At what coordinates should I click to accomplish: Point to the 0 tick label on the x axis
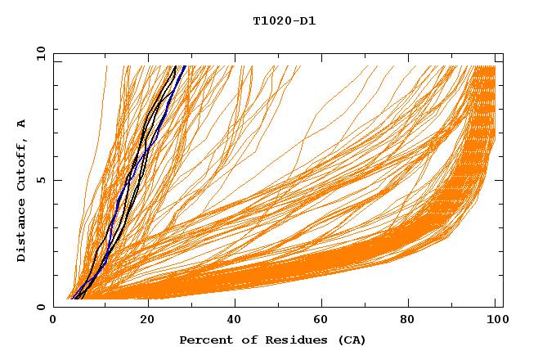(54, 322)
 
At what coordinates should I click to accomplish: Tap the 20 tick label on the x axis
(147, 322)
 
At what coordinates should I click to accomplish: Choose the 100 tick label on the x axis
(496, 322)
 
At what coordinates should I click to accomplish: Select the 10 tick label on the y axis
(39, 53)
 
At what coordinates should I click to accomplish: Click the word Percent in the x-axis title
(204, 340)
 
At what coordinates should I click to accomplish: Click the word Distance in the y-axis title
(21, 232)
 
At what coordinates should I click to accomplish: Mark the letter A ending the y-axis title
(21, 123)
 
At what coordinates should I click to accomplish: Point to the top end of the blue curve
(186, 66)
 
